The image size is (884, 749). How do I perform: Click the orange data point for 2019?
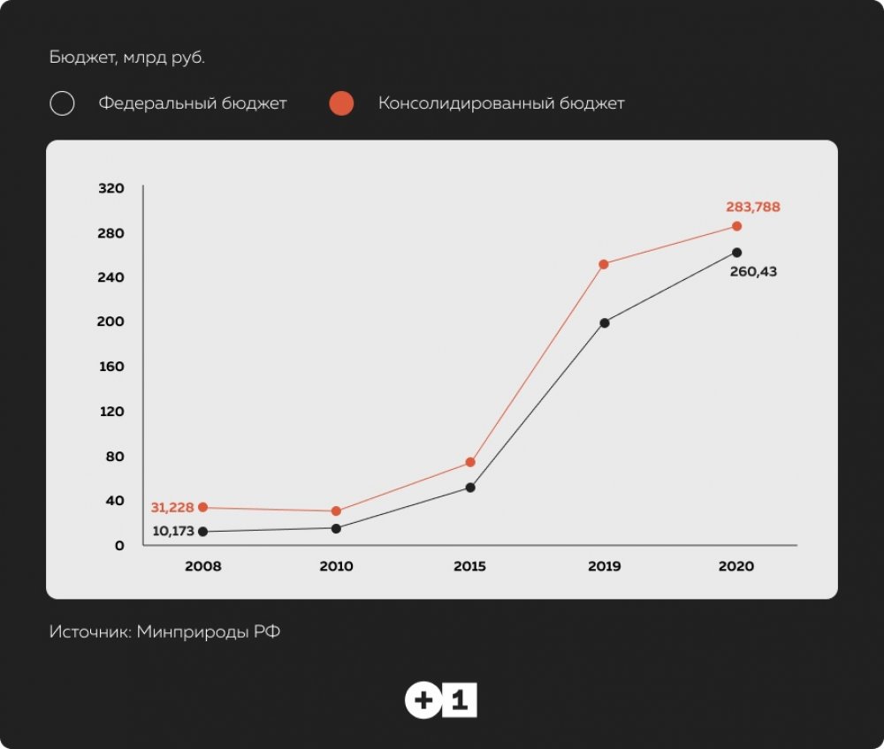[604, 264]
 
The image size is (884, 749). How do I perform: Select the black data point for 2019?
[605, 322]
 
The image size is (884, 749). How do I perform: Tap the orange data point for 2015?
[470, 462]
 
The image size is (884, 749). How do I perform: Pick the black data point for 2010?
[336, 528]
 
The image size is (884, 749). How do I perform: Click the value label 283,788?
[753, 208]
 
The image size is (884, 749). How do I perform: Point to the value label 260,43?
[753, 272]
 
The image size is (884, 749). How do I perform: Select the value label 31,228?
[171, 507]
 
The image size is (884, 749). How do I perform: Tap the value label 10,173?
[173, 532]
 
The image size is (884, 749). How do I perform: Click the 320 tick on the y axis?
[112, 188]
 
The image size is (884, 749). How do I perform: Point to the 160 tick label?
[112, 367]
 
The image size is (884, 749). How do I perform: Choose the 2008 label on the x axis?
[202, 566]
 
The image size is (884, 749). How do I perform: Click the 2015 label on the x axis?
[470, 566]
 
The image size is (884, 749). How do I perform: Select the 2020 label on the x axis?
[736, 566]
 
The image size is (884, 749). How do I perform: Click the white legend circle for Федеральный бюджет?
[62, 103]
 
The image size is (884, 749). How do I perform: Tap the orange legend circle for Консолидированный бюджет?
[341, 103]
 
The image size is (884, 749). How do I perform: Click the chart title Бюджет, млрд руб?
[127, 58]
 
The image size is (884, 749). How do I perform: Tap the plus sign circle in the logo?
[423, 701]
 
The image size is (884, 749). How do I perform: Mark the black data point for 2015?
[470, 488]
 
